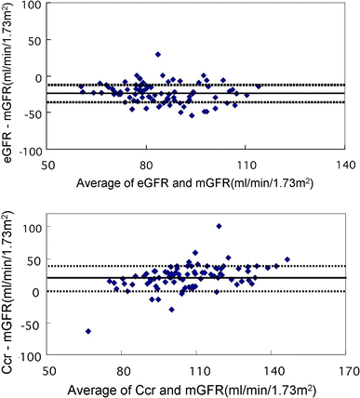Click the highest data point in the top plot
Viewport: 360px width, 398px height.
(158, 54)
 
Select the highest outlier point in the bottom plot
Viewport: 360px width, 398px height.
(219, 226)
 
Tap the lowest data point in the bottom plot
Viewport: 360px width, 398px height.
(88, 331)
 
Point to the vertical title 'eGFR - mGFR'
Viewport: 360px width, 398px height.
(10, 79)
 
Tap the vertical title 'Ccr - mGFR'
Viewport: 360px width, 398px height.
(10, 288)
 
